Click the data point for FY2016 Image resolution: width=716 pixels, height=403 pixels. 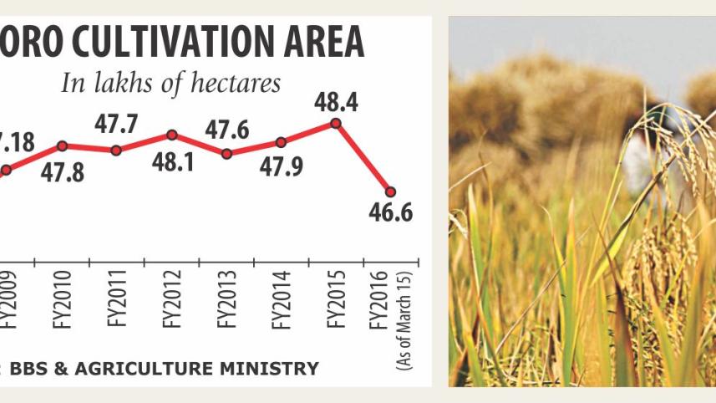pos(390,191)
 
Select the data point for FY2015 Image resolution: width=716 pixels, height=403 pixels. pos(336,123)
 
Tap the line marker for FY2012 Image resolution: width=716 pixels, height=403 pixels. pos(171,135)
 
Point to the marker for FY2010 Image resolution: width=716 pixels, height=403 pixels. pos(61,145)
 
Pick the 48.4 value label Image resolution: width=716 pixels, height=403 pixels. pos(338,101)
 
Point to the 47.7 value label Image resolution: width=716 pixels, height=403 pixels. pos(115,126)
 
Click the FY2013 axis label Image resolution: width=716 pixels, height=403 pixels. pos(226,298)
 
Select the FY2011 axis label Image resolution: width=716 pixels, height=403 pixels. pos(115,298)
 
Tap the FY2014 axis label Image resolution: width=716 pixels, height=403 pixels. pos(282,298)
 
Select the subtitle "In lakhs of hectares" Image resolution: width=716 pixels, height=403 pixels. pos(169,84)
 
